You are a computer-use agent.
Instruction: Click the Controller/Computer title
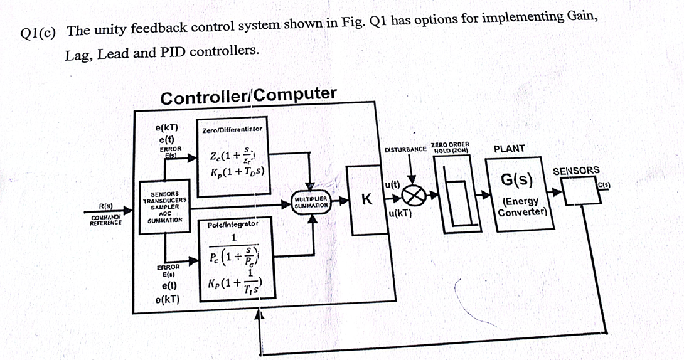click(x=248, y=96)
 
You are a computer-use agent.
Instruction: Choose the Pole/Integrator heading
click(x=233, y=223)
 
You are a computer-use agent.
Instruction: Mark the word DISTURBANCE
click(x=405, y=150)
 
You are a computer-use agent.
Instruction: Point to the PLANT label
click(x=510, y=149)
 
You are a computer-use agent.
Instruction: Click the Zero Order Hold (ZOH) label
click(x=451, y=147)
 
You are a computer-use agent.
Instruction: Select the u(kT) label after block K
click(x=400, y=213)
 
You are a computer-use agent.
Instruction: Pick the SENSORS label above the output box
click(x=575, y=171)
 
